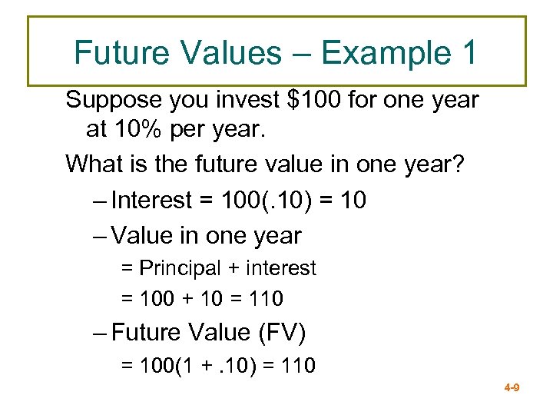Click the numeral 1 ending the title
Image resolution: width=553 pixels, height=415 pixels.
(x=469, y=53)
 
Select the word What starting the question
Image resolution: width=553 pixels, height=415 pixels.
(x=92, y=164)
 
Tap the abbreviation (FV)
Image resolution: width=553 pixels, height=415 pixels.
(x=282, y=333)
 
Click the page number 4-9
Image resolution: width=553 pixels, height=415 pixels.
(x=512, y=388)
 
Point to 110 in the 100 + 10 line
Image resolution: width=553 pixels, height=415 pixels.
(x=267, y=298)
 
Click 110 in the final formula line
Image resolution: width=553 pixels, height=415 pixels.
(x=300, y=366)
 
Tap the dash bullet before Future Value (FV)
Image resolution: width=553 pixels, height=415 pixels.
(x=100, y=334)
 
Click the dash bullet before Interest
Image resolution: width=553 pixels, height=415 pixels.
(x=100, y=201)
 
